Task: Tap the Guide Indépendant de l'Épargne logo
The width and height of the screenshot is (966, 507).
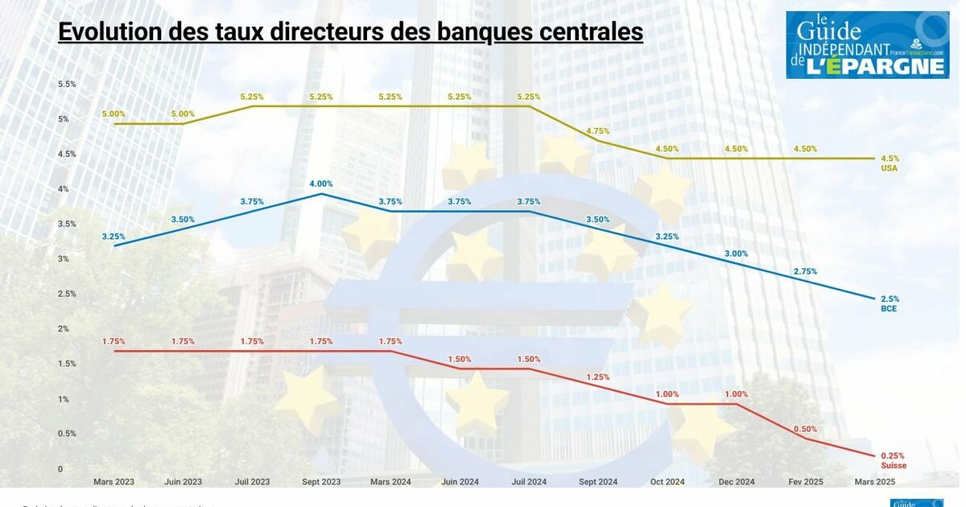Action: coord(867,45)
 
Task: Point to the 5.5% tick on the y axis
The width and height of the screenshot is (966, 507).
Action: coord(67,84)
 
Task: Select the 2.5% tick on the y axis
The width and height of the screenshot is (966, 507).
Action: coord(67,294)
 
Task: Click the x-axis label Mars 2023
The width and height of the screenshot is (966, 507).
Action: coord(114,482)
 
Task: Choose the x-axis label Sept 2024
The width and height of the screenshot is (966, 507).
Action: coord(598,482)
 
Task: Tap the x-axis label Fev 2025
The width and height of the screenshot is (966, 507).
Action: coord(805,482)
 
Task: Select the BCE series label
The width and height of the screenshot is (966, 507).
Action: coord(889,308)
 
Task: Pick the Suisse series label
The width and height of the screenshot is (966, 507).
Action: coord(893,466)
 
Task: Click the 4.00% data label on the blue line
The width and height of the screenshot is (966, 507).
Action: coord(321,183)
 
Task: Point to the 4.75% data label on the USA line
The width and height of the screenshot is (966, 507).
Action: coord(598,130)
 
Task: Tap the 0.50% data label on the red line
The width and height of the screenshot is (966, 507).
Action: coord(805,429)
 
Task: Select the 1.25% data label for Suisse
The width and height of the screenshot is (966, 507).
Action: coord(598,377)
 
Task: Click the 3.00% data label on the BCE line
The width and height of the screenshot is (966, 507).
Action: coord(736,253)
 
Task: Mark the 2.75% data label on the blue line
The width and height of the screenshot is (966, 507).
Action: coord(805,271)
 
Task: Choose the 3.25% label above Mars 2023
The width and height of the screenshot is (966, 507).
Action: coord(114,237)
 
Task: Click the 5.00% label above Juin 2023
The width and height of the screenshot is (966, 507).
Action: coord(183,114)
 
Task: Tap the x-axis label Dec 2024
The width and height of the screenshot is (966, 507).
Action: coord(736,482)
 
